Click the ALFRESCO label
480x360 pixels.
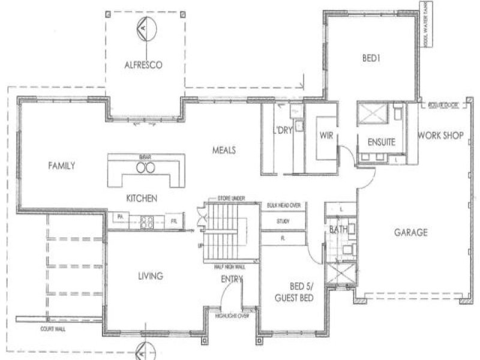(x=143, y=65)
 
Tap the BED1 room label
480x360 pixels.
(x=368, y=58)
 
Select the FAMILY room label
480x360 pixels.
(x=62, y=166)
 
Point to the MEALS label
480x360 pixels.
(x=223, y=149)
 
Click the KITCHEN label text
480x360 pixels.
(x=142, y=198)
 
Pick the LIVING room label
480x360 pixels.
(x=151, y=276)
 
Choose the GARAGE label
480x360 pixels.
(x=410, y=232)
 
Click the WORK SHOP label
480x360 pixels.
(x=440, y=136)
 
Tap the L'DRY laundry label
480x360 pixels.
(x=282, y=131)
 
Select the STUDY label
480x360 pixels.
(x=283, y=221)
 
